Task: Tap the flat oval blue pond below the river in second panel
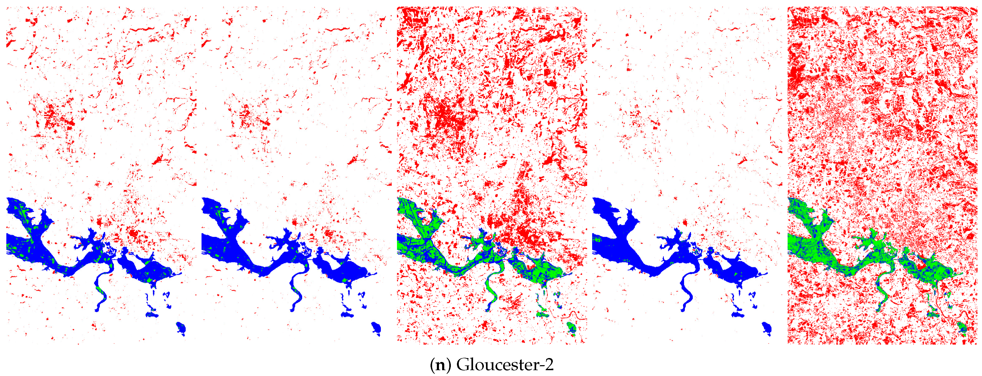[347, 315]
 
